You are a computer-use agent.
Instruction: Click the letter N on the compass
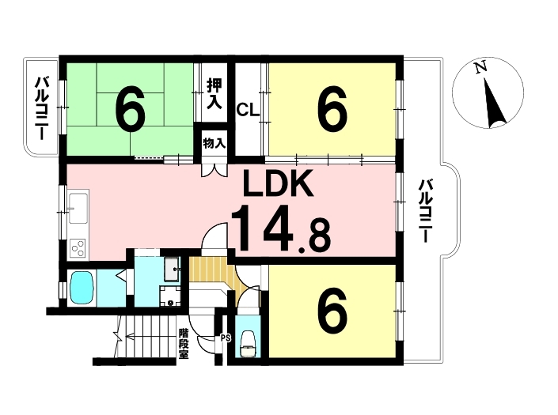pyautogui.click(x=481, y=67)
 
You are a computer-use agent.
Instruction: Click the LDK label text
pyautogui.click(x=278, y=183)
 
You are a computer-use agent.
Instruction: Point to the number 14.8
pyautogui.click(x=281, y=228)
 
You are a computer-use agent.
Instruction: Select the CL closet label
pyautogui.click(x=248, y=110)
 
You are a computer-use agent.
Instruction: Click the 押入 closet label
pyautogui.click(x=214, y=94)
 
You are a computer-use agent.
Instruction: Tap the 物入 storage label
pyautogui.click(x=214, y=144)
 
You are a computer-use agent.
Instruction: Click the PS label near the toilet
pyautogui.click(x=226, y=338)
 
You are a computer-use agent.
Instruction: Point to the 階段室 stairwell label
pyautogui.click(x=184, y=344)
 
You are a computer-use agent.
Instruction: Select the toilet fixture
pyautogui.click(x=248, y=344)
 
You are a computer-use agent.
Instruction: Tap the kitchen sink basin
pyautogui.click(x=78, y=209)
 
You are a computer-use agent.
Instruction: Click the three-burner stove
pyautogui.click(x=78, y=248)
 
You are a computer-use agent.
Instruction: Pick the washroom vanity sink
pyautogui.click(x=173, y=269)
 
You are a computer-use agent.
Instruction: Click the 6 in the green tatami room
pyautogui.click(x=131, y=108)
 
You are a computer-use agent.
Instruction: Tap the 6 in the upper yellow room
pyautogui.click(x=332, y=108)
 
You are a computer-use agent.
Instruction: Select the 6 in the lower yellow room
pyautogui.click(x=332, y=312)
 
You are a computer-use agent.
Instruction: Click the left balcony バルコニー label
pyautogui.click(x=41, y=108)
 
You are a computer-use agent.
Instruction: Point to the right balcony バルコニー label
pyautogui.click(x=425, y=211)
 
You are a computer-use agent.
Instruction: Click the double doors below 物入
pyautogui.click(x=214, y=170)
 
